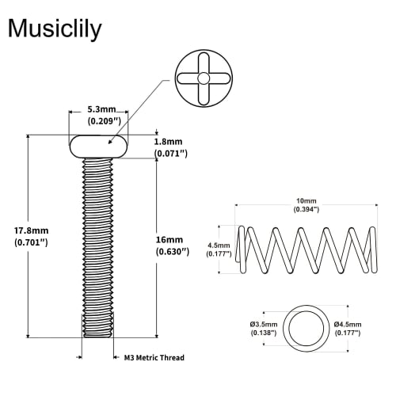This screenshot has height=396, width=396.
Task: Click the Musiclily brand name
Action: pos(55,29)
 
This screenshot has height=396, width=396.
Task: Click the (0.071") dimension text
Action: pos(171,152)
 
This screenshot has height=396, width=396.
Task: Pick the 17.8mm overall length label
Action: pos(32,230)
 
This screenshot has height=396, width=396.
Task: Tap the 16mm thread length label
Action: pos(170,238)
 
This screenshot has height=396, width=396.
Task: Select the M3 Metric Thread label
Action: pos(154,358)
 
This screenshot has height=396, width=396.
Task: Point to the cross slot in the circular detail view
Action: pos(204,78)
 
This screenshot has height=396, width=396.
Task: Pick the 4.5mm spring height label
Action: pos(219,245)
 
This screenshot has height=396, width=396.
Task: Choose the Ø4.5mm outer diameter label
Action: pos(347,325)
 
